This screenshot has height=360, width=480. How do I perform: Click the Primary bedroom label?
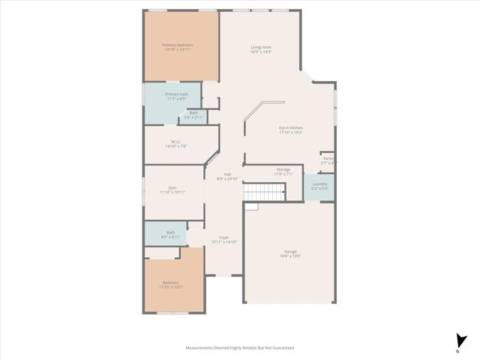point(178,45)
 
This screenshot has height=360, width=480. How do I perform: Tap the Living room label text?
point(260,47)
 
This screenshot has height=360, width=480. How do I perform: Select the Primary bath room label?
point(177,94)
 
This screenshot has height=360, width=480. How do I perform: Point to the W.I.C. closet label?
point(175,141)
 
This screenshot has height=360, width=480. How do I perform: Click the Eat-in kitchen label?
point(290,127)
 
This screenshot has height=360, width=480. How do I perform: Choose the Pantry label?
point(328,158)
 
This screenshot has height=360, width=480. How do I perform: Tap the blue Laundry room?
point(319,186)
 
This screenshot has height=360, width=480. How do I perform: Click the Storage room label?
point(283,169)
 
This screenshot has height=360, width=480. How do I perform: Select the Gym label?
point(172,187)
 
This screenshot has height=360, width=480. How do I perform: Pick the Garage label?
point(290,252)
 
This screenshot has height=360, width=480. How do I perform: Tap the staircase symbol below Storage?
point(264,193)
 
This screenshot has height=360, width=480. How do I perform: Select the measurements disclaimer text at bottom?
point(240,348)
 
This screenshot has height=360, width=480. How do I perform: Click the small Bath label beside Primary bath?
point(193,113)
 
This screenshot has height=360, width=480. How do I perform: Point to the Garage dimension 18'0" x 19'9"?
point(290,256)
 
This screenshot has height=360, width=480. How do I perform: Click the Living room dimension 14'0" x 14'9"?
point(260,52)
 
